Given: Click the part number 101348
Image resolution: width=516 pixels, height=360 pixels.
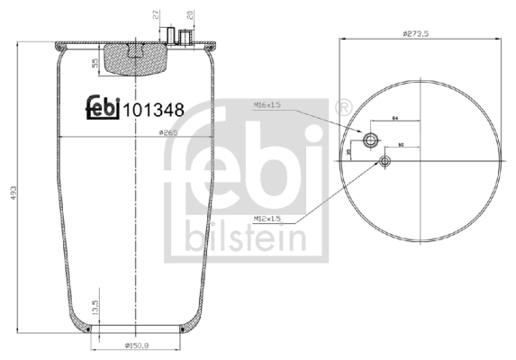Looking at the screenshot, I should [x=154, y=110].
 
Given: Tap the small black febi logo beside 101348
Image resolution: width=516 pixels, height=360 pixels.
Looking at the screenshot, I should [x=103, y=107].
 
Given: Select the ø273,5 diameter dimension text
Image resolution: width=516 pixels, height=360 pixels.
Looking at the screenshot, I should [x=420, y=33].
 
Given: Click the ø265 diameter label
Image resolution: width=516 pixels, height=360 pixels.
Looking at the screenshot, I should [x=167, y=132].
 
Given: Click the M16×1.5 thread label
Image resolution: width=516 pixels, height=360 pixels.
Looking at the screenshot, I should [x=266, y=104].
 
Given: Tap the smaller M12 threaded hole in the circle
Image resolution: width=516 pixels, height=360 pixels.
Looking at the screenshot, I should [x=385, y=161].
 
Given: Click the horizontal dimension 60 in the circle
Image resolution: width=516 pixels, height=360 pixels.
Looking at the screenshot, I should [x=400, y=144].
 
